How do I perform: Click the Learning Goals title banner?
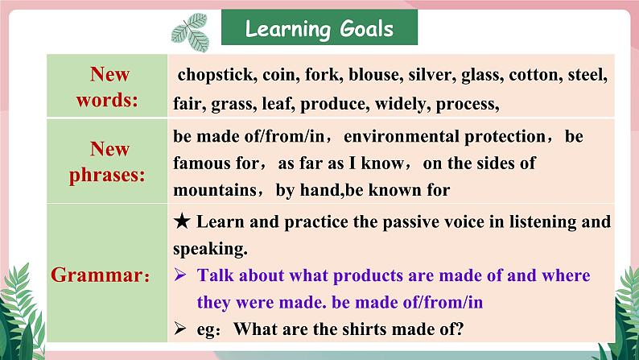click(319, 27)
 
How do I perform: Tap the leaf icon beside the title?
click(191, 32)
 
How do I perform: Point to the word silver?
click(432, 75)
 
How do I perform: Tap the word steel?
click(587, 75)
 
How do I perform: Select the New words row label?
click(108, 87)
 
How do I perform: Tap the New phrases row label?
click(107, 162)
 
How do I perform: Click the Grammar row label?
click(101, 275)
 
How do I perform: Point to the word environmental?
click(401, 137)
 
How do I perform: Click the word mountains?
click(215, 190)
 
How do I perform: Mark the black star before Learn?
click(182, 221)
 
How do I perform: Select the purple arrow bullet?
click(180, 275)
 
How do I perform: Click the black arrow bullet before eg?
click(180, 329)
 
